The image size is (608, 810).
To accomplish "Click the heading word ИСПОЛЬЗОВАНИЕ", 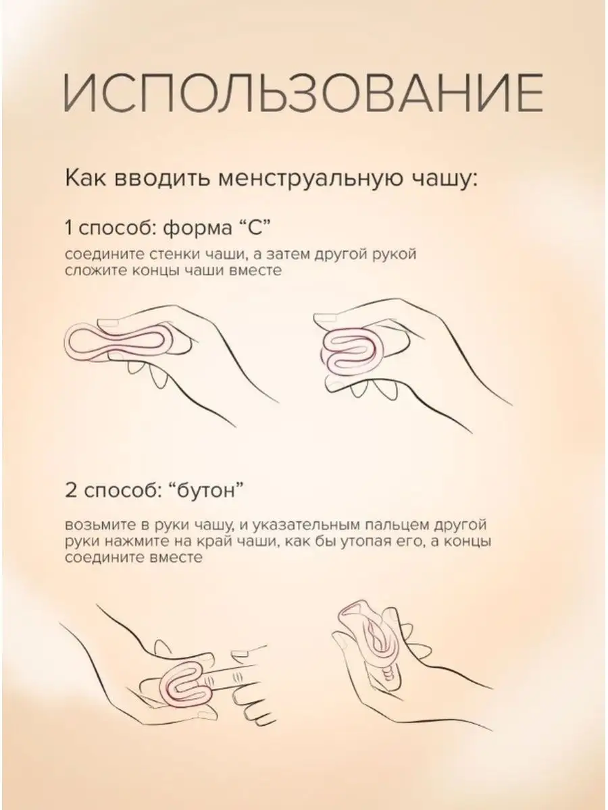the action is [303, 93].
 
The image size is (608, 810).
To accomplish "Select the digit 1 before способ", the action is [68, 227].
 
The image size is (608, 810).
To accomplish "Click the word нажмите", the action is [134, 541].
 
